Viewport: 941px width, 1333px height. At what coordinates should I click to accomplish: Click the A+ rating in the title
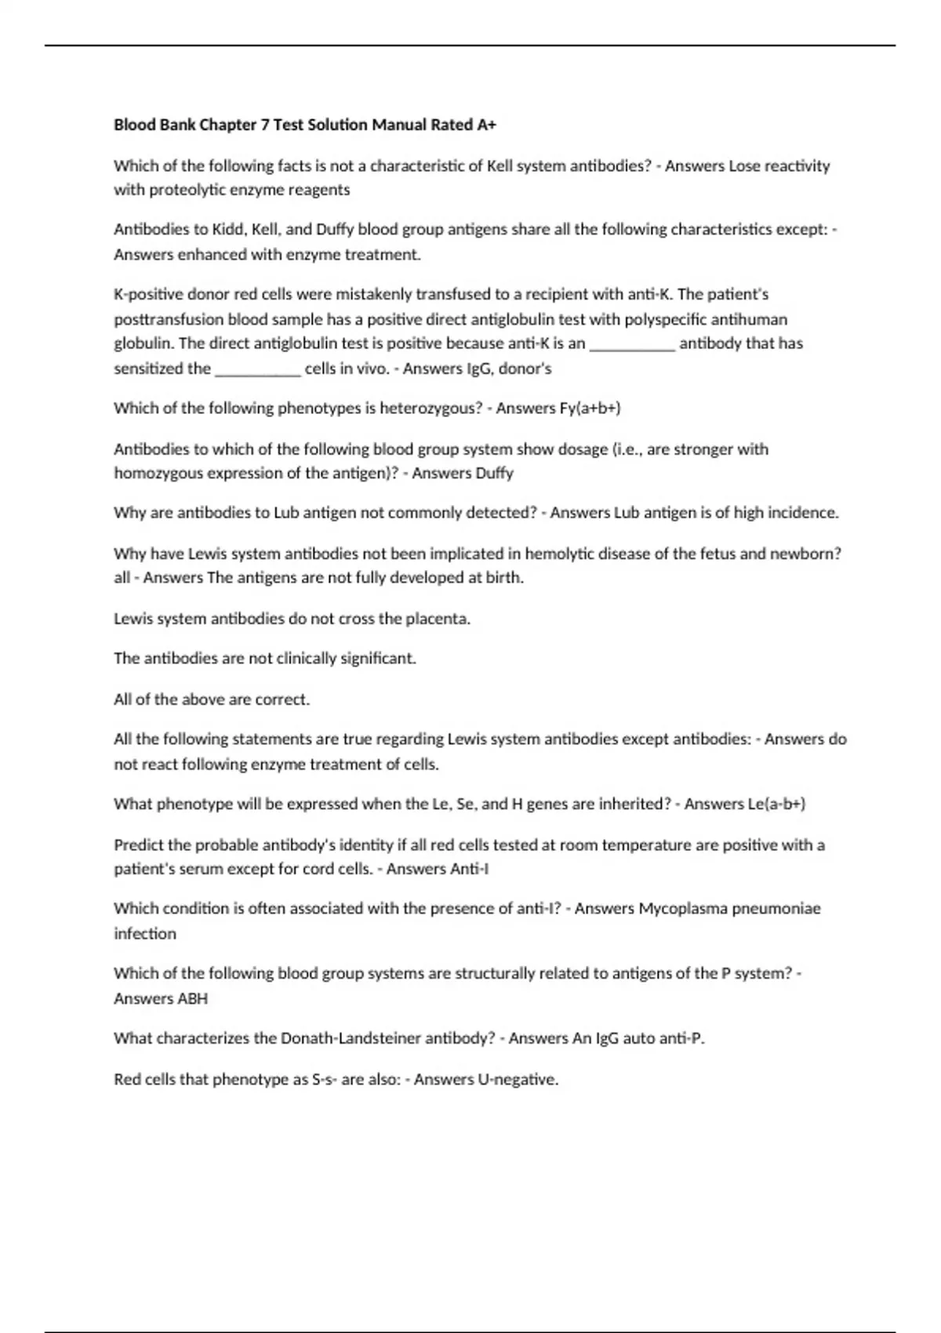tap(486, 125)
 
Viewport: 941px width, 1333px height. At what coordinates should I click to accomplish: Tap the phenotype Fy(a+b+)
tap(591, 409)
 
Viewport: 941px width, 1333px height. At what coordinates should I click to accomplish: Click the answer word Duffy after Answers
tap(494, 474)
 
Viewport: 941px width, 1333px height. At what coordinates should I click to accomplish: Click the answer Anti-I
tap(470, 870)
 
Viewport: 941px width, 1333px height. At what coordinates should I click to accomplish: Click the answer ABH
tap(192, 999)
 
